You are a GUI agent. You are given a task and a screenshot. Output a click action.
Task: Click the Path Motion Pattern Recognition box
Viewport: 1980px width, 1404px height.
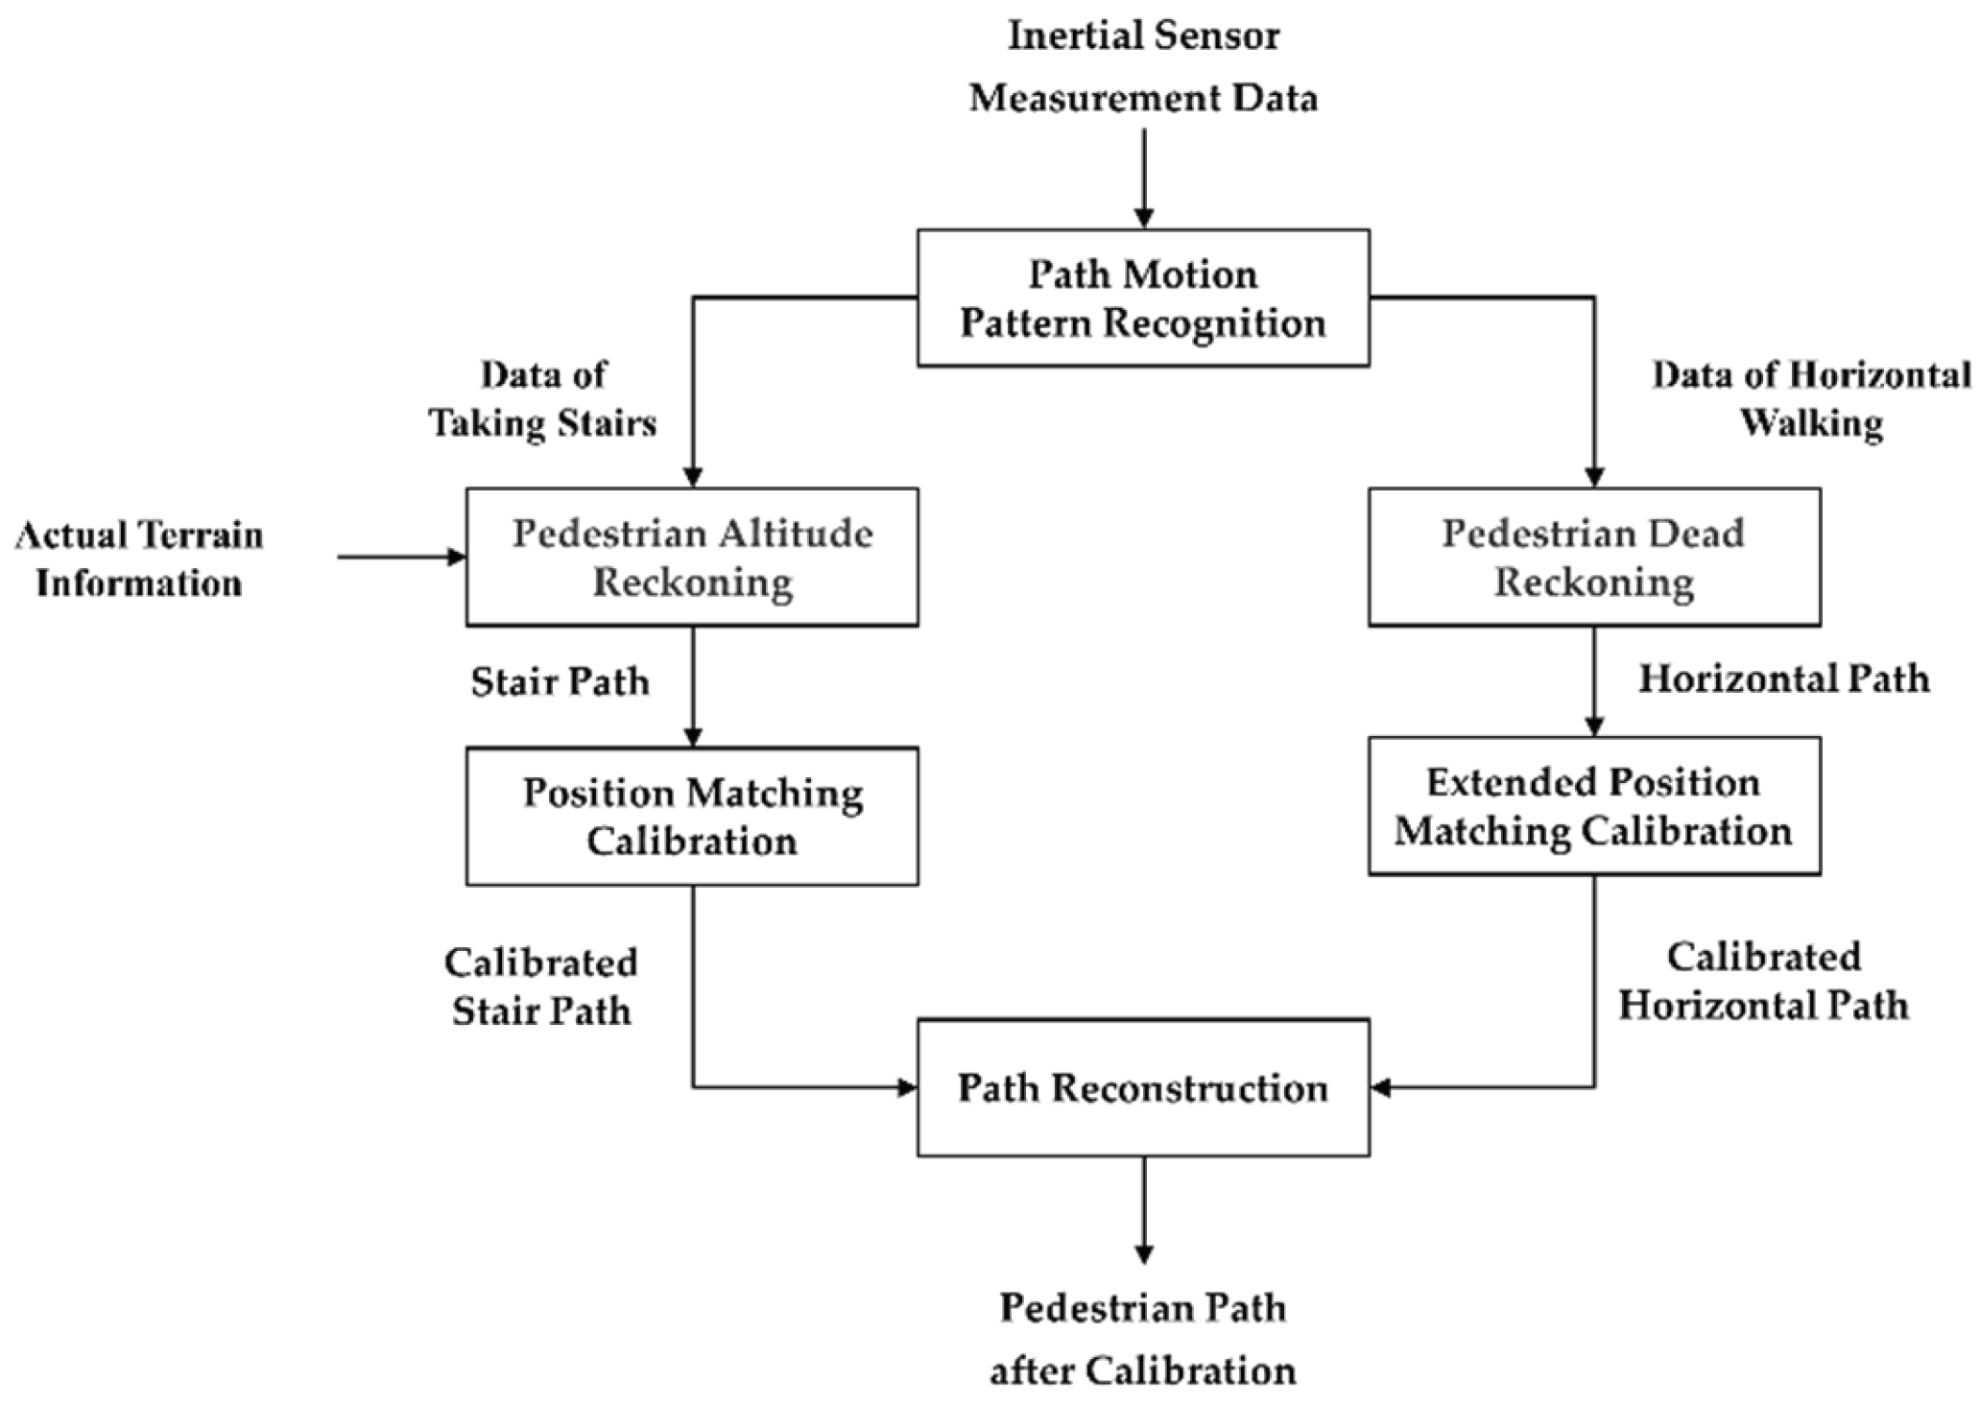pos(1142,297)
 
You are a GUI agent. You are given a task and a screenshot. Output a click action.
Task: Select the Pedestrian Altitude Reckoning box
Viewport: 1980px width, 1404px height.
pos(692,558)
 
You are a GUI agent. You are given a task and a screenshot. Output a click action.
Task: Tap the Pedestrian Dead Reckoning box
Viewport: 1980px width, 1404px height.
pos(1593,558)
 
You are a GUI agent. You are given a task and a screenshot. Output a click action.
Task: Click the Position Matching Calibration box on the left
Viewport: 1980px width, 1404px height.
pos(692,816)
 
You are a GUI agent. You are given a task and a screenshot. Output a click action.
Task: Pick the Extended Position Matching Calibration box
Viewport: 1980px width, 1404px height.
pos(1593,806)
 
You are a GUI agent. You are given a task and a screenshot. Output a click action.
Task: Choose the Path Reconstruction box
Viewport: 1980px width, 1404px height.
pos(1142,1087)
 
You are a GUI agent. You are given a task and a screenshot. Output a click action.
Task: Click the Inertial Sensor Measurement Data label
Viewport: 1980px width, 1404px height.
pos(1142,67)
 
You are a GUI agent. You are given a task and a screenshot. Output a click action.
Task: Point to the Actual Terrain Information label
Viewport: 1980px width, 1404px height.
pos(139,559)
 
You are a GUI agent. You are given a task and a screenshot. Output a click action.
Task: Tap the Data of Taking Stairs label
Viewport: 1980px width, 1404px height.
pos(543,398)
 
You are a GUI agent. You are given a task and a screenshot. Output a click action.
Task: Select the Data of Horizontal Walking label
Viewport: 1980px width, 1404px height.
pos(1810,398)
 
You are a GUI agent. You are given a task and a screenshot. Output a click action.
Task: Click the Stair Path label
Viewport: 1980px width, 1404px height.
pos(560,681)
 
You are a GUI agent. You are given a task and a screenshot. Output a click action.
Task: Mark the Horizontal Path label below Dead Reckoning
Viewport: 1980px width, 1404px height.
pos(1783,678)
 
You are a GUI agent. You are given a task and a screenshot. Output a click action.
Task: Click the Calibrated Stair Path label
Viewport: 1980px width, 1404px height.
pos(540,987)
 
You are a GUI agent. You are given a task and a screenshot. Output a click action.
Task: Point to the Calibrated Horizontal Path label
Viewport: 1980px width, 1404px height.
pos(1763,981)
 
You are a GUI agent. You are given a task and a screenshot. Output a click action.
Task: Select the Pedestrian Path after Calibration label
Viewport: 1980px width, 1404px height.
pos(1142,1339)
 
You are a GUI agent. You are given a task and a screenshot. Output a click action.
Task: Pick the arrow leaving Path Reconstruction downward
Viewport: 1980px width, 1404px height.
pos(1142,1209)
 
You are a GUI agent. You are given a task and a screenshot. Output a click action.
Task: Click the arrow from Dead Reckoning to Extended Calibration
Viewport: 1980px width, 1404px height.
pos(1594,681)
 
